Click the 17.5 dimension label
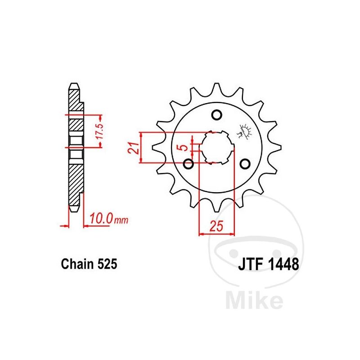tap(100, 131)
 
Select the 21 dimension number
tap(134, 148)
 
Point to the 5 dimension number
tap(184, 148)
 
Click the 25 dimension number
tap(216, 226)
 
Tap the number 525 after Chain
tap(107, 264)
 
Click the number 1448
tap(283, 264)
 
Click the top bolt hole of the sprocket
tap(217, 115)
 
